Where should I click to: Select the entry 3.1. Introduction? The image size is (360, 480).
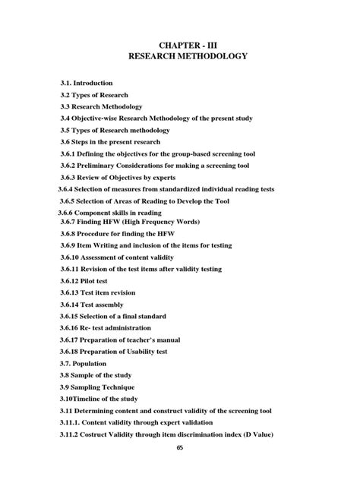[87, 82]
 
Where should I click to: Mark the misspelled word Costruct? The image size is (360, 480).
[96, 434]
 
